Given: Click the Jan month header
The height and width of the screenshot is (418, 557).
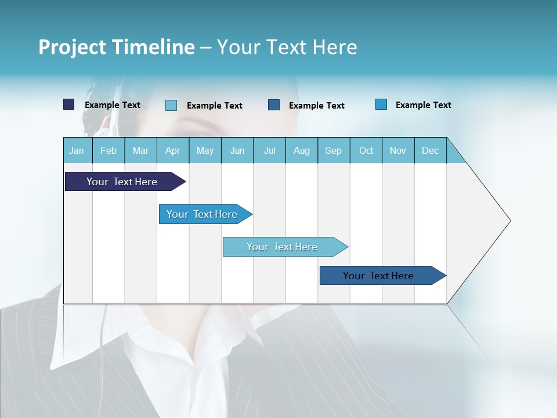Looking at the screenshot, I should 77,150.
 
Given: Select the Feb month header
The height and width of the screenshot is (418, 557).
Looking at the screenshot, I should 108,150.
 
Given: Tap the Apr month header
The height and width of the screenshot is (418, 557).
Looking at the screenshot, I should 172,150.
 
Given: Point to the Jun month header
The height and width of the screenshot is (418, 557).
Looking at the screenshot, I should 237,150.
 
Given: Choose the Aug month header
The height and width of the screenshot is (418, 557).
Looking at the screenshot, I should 301,150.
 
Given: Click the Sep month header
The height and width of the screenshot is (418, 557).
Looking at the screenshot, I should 333,150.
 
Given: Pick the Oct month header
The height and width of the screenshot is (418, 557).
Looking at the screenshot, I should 366,150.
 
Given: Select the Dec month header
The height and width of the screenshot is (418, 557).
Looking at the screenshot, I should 430,150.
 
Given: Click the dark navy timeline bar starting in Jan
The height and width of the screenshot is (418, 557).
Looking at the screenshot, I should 122,182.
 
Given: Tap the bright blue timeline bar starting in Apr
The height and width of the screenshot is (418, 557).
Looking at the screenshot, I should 202,214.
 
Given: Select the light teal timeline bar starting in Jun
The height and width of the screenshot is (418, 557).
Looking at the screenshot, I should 282,247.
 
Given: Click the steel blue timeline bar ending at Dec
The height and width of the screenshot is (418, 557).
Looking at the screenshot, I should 378,276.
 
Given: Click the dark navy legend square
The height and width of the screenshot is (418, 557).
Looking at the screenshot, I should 69,105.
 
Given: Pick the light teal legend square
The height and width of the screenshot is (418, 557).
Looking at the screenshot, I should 171,105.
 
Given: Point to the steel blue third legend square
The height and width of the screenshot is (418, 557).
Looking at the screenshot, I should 274,105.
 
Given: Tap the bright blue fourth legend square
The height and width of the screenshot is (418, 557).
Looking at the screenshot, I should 381,105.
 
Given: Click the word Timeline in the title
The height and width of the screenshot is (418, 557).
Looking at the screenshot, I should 153,47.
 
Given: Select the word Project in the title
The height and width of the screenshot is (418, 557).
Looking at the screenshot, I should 73,47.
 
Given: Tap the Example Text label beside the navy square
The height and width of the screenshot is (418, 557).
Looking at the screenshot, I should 112,105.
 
